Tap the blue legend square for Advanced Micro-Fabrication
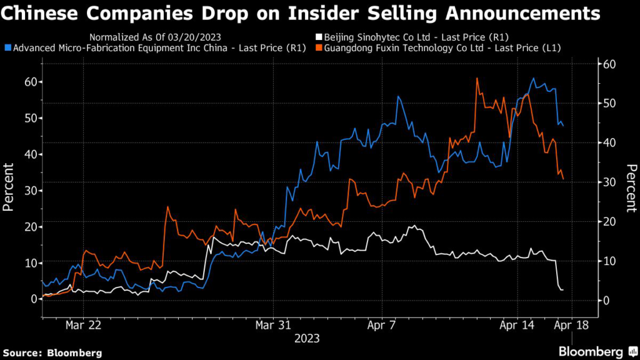pos(7,47)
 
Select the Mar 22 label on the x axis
pos(84,326)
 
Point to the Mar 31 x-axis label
pos(273,326)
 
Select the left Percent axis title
pos(10,187)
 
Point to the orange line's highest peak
pos(477,78)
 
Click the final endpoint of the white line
pos(562,290)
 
